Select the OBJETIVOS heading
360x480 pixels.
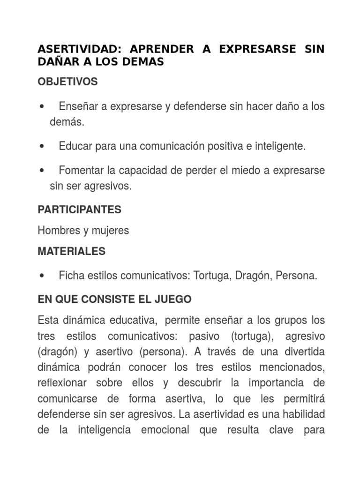(67, 82)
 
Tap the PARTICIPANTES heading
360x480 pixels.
(79, 210)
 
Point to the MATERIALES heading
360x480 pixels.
(71, 252)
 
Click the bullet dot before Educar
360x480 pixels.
(43, 147)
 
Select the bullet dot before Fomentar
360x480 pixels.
(43, 171)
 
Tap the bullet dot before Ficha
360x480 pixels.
(43, 277)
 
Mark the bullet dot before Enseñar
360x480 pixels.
(43, 107)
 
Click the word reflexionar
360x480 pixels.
(62, 383)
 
